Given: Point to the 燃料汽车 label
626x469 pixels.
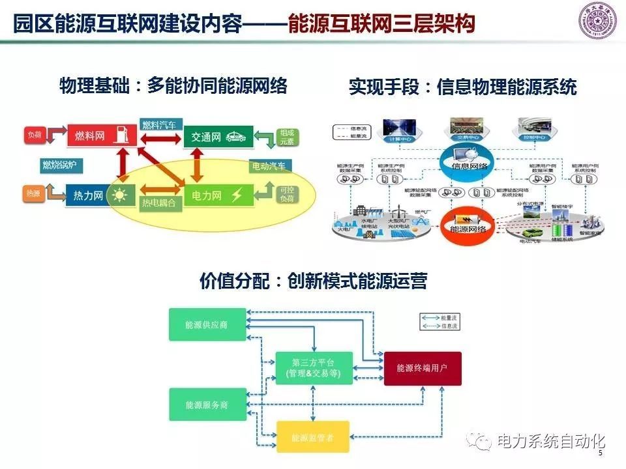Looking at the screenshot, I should [162, 124].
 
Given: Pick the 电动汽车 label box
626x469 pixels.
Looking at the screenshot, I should [268, 166].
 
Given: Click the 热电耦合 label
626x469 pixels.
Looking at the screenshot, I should [159, 203].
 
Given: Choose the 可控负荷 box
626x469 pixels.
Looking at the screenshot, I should [286, 194].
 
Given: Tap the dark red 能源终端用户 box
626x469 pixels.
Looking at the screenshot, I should [422, 368].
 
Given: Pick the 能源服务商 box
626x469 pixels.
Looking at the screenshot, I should [207, 405].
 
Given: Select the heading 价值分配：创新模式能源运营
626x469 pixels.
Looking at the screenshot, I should [313, 281].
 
